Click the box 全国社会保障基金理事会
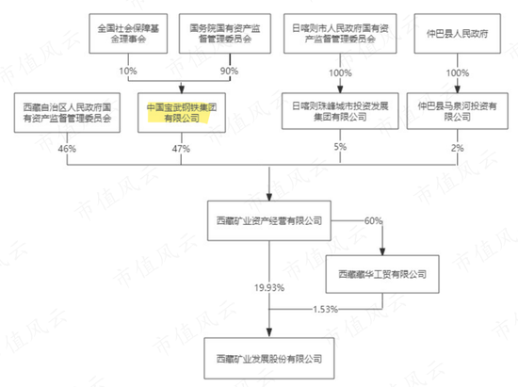[128, 33]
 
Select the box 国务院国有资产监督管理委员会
[225, 33]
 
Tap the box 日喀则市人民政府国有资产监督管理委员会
[340, 33]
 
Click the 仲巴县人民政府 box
[457, 33]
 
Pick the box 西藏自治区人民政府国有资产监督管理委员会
[67, 113]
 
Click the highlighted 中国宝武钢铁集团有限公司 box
[182, 113]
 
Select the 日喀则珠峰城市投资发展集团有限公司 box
[340, 111]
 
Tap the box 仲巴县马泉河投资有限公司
[457, 111]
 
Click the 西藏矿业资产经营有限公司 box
[269, 220]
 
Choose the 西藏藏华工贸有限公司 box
[382, 274]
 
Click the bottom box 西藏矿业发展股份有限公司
[269, 358]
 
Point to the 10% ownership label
[128, 71]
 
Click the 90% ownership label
[229, 71]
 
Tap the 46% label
[67, 149]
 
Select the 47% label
[181, 149]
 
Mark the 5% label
[340, 147]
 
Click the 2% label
[458, 148]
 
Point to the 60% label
[373, 220]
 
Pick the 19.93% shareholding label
[269, 288]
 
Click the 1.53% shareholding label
[326, 310]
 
